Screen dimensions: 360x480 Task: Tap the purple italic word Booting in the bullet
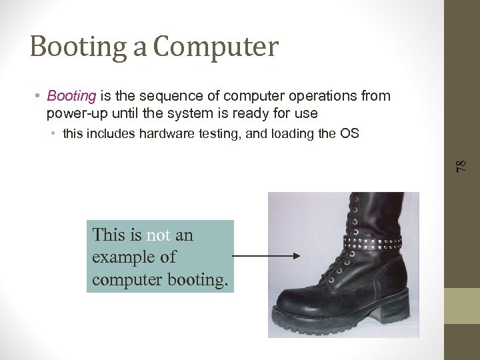click(x=72, y=96)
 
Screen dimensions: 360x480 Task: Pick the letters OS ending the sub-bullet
click(x=349, y=133)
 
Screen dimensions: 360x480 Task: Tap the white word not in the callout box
click(x=159, y=235)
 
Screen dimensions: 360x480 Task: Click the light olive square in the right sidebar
click(x=462, y=306)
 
